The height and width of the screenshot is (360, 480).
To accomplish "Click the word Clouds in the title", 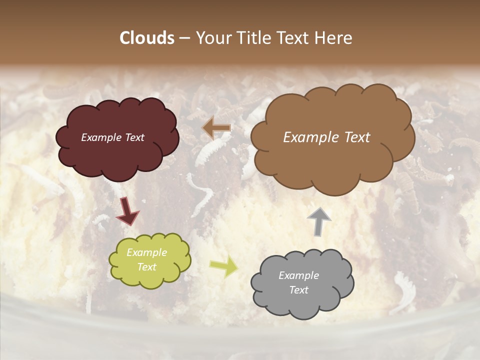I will [147, 38].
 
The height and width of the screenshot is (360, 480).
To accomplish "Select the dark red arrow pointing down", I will [128, 210].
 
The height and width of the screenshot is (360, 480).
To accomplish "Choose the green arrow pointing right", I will [223, 267].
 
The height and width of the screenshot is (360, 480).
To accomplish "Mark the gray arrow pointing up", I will [319, 221].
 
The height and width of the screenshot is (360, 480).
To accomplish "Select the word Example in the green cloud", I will [147, 252].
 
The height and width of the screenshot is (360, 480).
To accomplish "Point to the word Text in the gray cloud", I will [299, 290].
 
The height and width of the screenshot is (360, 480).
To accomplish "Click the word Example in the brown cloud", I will [310, 137].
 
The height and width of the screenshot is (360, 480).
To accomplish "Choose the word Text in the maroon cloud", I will [134, 137].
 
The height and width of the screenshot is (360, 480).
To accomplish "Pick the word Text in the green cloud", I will [147, 267].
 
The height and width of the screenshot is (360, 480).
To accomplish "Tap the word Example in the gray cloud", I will [299, 275].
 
